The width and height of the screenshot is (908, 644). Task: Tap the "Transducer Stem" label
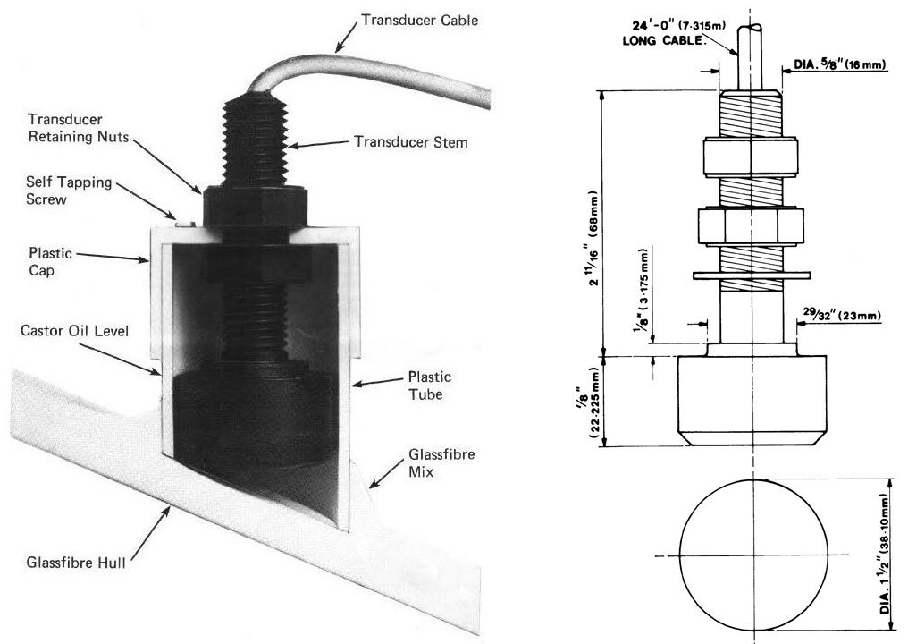coord(410,141)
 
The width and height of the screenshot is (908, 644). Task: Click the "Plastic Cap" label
coord(50,260)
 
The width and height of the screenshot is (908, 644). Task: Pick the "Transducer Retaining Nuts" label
coord(66,128)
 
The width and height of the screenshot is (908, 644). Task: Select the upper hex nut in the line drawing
coord(751,157)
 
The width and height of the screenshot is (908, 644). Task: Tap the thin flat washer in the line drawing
coord(751,273)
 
